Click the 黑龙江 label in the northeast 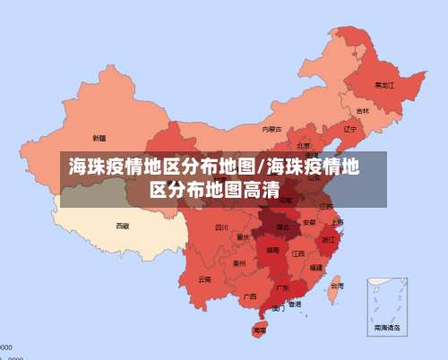click(x=384, y=85)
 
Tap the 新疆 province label click(x=99, y=139)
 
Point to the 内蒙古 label click(x=271, y=129)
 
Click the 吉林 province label click(x=362, y=111)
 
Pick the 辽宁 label click(x=350, y=129)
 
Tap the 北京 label click(x=304, y=145)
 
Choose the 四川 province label click(x=221, y=227)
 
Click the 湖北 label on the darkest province click(x=281, y=227)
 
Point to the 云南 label click(x=205, y=279)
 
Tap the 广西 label click(x=250, y=295)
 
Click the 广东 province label click(x=282, y=287)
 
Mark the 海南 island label click(x=260, y=330)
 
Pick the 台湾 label click(x=336, y=287)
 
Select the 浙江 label click(x=329, y=239)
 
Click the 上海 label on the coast click(x=337, y=222)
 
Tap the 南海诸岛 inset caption click(x=387, y=328)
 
